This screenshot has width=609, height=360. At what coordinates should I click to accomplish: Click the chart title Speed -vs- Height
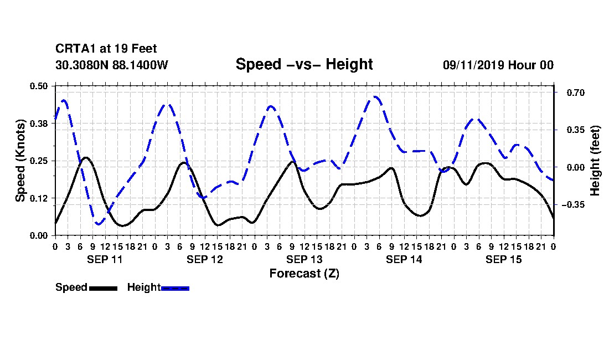304,64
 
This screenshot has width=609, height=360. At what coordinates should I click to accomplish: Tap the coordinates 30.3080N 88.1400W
111,65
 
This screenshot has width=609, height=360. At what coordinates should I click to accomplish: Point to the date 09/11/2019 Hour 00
498,65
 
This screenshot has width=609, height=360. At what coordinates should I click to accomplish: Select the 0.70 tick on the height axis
576,92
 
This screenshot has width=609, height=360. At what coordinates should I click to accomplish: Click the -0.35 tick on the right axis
573,205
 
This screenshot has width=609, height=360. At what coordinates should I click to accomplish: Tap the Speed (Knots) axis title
20,161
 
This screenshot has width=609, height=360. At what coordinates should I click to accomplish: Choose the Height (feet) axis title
595,161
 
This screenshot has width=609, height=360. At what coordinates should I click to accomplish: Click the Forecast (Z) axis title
304,274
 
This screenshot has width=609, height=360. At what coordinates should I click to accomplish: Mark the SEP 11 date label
105,259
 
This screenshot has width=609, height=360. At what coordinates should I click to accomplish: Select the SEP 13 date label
304,259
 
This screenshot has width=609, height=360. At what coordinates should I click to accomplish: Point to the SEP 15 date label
503,259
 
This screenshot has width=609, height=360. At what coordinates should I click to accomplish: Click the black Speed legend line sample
103,288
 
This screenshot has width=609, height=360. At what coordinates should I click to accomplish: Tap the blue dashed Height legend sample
175,288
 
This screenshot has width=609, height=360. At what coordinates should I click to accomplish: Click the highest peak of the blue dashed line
375,97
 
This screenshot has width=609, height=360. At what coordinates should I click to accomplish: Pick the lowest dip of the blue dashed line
98,224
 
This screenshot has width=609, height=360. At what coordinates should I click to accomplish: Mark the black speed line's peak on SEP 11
86,158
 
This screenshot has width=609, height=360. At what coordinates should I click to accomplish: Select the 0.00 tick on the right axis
576,167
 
